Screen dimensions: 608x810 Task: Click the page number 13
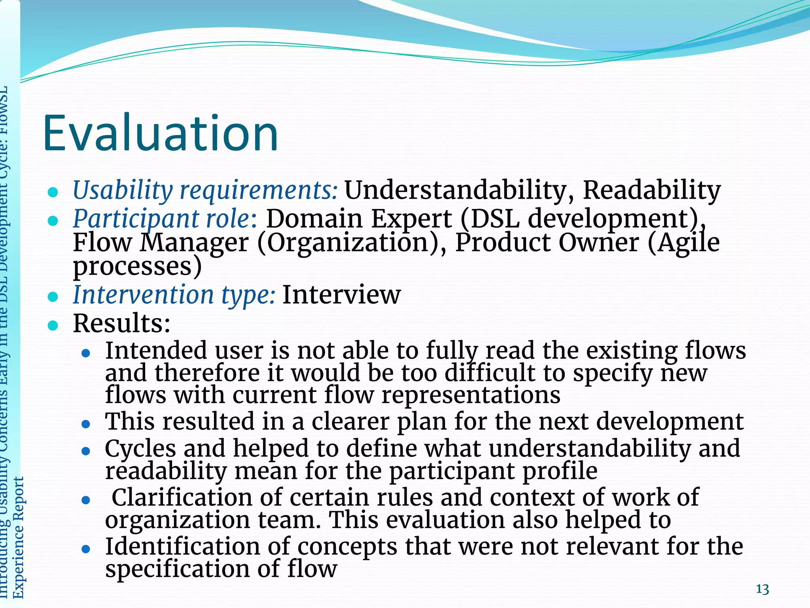[x=762, y=589]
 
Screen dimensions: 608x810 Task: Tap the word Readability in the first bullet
[x=651, y=190]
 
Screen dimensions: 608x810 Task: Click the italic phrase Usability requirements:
[x=205, y=190]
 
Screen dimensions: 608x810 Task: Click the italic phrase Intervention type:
[x=174, y=295]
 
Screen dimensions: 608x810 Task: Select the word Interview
[x=341, y=295]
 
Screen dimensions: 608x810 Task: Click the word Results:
[x=122, y=323]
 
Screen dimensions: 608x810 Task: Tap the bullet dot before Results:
[x=53, y=326]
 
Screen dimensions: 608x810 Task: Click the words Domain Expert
[x=359, y=218]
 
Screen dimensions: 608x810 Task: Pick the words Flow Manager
[x=161, y=242]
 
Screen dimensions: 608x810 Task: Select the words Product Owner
[x=547, y=242]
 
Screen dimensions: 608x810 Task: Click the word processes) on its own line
[x=137, y=266]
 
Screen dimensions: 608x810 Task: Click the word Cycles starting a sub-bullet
[x=140, y=448]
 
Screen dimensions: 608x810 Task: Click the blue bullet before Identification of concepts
[x=86, y=549]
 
